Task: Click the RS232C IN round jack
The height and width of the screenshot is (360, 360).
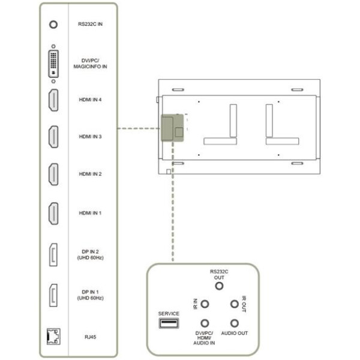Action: pos(53,25)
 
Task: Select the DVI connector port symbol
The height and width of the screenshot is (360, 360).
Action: pos(53,64)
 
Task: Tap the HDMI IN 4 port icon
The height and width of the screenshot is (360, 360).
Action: pos(53,100)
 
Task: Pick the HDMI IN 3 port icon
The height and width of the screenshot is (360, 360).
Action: pos(53,137)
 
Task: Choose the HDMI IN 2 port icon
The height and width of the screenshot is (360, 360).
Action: pos(53,174)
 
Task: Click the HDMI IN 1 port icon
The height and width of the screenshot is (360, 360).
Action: pos(53,213)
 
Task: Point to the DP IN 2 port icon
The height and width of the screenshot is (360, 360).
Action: pos(53,254)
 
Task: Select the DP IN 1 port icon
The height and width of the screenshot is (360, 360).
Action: pos(53,295)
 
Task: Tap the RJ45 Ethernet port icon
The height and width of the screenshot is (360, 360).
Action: pos(53,337)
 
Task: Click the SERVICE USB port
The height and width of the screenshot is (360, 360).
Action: pos(169,323)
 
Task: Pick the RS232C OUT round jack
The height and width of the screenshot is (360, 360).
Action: pos(219,286)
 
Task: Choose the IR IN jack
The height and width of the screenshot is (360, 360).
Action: pos(205,304)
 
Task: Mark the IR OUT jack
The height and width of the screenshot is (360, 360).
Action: pos(235,304)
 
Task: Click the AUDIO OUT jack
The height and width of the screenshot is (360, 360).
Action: pos(235,323)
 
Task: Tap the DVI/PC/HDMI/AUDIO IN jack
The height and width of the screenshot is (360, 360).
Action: pos(205,323)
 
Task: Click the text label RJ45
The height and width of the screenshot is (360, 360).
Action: pos(90,337)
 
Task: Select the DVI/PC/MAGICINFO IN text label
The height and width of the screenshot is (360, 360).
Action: pos(90,64)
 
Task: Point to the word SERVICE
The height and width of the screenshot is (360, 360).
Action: pos(169,314)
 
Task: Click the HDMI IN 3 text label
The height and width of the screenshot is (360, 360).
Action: pos(90,137)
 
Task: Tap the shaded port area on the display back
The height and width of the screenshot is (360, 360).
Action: pos(172,128)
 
